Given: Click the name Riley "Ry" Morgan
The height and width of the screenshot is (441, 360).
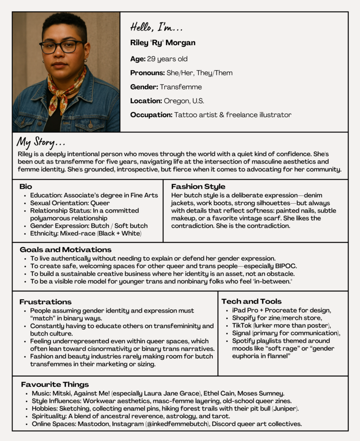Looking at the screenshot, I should [163, 43].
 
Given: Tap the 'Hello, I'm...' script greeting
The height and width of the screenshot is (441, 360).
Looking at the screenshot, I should [156, 28].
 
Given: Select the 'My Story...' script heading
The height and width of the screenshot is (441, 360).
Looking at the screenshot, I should [41, 143].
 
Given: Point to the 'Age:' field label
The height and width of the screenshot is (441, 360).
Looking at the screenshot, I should [138, 59].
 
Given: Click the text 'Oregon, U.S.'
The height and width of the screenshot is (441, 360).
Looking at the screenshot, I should [184, 101].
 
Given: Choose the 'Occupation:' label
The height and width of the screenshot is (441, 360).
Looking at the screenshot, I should [151, 115].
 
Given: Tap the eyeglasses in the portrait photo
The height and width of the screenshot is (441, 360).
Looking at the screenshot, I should [62, 47].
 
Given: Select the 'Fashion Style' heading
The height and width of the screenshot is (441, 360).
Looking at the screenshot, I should [198, 187].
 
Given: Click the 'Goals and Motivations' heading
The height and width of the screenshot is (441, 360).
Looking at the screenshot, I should [65, 250].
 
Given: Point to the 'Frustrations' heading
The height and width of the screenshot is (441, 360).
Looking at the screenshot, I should [46, 302].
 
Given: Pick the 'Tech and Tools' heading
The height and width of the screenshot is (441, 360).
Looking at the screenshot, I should [251, 301].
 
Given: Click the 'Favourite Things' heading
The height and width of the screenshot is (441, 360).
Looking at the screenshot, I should [55, 385].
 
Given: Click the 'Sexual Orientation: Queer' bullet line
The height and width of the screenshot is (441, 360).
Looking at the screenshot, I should [70, 203].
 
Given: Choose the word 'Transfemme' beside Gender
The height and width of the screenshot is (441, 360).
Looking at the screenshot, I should [181, 87].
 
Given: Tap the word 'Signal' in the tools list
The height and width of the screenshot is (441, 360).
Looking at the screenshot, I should [242, 333].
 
